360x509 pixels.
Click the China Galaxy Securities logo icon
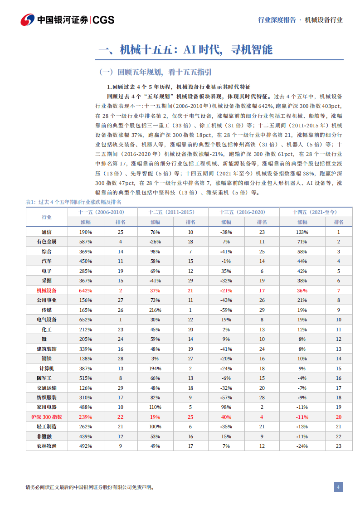(28, 19)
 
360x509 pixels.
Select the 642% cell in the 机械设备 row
(86, 290)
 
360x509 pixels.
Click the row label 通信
(47, 232)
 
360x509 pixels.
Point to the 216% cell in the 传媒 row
(156, 310)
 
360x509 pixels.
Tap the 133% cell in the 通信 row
(302, 232)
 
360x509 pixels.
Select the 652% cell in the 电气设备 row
(86, 320)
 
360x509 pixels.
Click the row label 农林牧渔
(47, 446)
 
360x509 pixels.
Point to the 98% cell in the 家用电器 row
(226, 407)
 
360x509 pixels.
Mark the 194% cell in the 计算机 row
(156, 368)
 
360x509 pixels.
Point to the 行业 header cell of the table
(47, 217)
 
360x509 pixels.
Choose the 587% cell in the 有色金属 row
(86, 242)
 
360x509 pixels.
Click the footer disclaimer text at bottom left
(90, 488)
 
